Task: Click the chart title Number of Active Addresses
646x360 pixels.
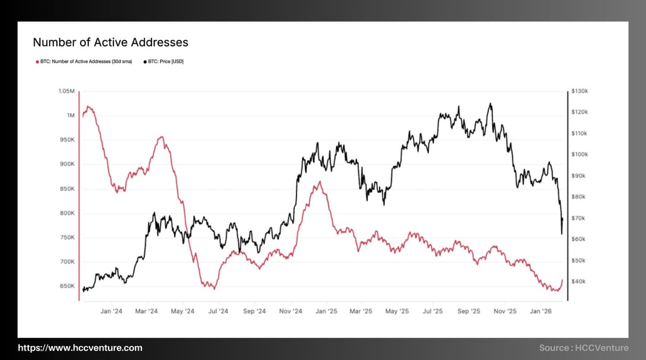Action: coord(110,42)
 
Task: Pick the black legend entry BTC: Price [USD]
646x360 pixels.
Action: coord(165,62)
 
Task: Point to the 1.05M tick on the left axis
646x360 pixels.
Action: coord(66,91)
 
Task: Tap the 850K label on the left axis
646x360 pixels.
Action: coord(66,189)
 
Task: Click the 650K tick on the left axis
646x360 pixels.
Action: coord(66,286)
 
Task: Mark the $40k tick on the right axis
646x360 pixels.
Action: coord(578,281)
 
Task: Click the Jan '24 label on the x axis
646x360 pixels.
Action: coord(111,311)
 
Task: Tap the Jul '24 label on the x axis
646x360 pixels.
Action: coord(218,311)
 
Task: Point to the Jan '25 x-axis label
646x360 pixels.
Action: coord(326,311)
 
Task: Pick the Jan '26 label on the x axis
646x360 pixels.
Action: coord(541,311)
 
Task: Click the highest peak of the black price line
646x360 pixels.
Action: coord(490,104)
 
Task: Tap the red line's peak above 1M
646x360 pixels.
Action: coord(88,107)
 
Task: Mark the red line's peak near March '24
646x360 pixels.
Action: coord(161,137)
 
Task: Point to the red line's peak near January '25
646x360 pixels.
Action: coord(320,182)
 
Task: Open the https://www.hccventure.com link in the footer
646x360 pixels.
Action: coord(79,347)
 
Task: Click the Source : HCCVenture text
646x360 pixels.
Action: coord(584,347)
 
